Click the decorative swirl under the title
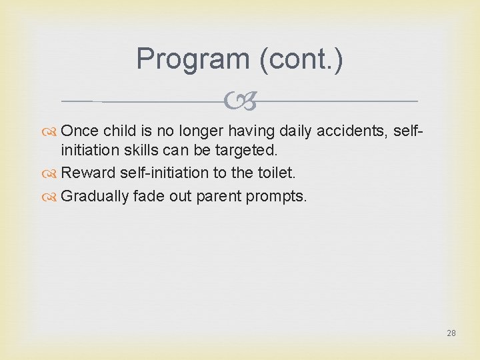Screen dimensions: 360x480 [240, 101]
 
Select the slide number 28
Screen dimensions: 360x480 [451, 333]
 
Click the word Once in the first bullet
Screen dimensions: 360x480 [80, 131]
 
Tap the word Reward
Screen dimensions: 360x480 [89, 173]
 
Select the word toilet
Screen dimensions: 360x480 [275, 173]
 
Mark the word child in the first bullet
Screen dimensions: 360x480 [119, 131]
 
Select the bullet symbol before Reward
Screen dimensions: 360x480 [51, 173]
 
